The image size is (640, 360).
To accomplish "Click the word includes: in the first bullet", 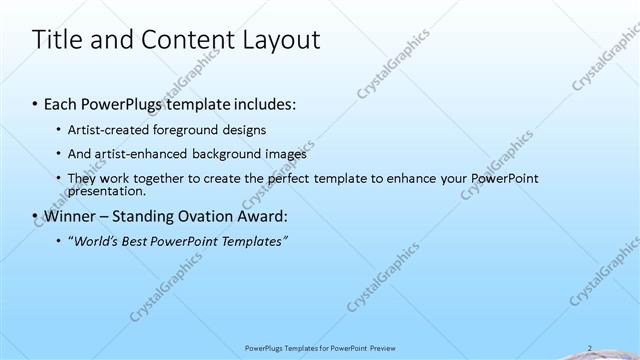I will click(x=264, y=103).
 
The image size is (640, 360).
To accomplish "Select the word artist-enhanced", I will click(x=135, y=154).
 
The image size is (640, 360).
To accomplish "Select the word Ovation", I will click(x=201, y=215).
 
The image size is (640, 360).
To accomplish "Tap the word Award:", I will click(x=260, y=215).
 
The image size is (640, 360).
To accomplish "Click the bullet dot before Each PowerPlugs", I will click(x=36, y=104).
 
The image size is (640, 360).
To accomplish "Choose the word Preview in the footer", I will click(x=390, y=348).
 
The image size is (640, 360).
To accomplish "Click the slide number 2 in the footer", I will click(x=590, y=348).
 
